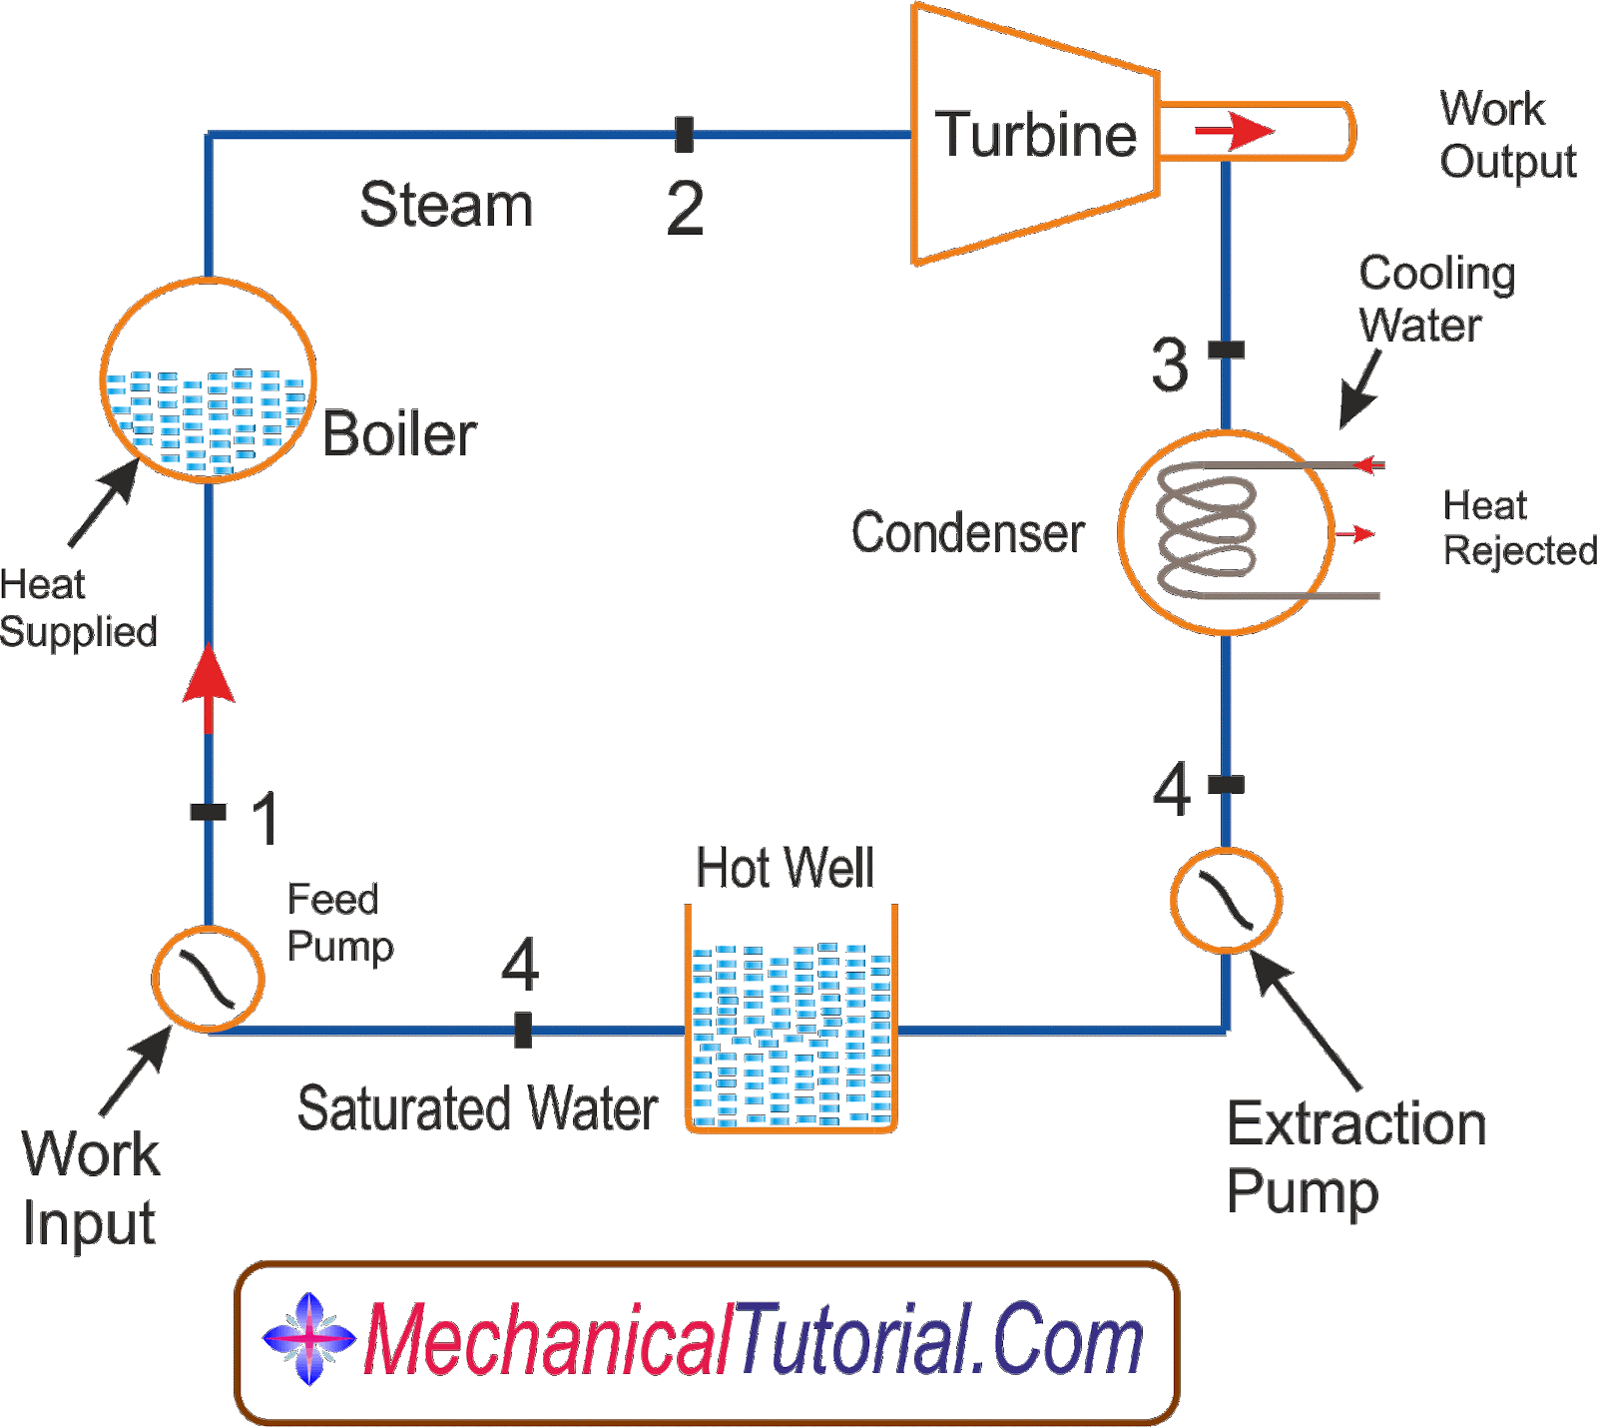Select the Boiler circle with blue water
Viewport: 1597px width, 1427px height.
[x=209, y=380]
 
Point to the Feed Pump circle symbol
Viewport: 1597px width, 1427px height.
[x=209, y=978]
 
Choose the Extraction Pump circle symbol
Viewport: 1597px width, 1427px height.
[x=1226, y=900]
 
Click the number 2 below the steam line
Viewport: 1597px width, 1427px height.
[x=685, y=208]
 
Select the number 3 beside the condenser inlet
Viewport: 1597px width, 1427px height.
[x=1170, y=364]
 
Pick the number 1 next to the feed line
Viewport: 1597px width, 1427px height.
[x=265, y=818]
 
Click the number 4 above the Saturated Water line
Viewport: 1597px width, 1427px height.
[x=520, y=965]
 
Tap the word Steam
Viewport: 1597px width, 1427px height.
[x=446, y=205]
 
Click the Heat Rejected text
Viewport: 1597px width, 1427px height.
[x=1517, y=528]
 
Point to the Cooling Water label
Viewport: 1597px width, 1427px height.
[x=1434, y=299]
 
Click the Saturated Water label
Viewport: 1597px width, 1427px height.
[x=477, y=1107]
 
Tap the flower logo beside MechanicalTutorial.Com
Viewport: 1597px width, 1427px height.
[x=309, y=1338]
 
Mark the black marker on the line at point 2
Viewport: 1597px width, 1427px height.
[x=684, y=134]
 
